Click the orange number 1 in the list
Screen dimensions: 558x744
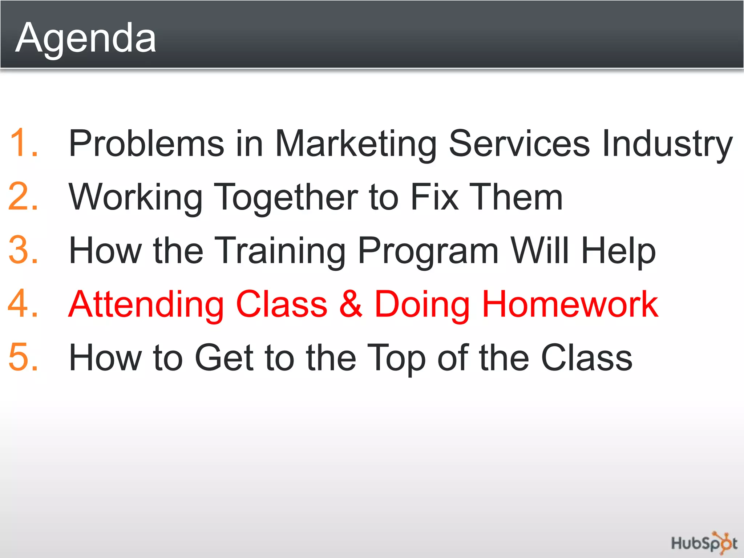tap(23, 143)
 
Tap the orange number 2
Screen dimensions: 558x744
tap(23, 197)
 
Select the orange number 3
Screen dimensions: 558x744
tap(23, 250)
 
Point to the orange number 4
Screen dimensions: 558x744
tap(23, 304)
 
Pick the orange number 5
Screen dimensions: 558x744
tap(23, 357)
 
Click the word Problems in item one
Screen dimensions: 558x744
tap(146, 143)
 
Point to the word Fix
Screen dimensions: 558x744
tap(434, 197)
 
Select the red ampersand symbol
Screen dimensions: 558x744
tap(351, 304)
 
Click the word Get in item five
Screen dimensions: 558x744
tap(224, 357)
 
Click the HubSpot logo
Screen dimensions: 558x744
tap(704, 543)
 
